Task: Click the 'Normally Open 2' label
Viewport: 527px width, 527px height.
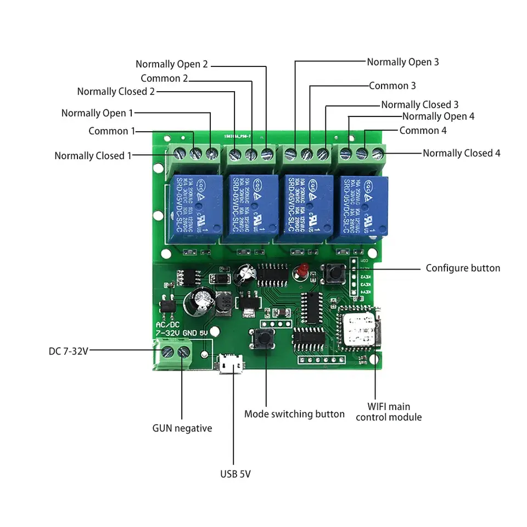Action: pyautogui.click(x=172, y=64)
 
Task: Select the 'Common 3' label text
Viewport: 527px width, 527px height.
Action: pyautogui.click(x=392, y=86)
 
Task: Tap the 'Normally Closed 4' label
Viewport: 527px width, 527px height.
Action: pyautogui.click(x=461, y=153)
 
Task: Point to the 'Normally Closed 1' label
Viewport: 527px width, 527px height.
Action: pyautogui.click(x=93, y=156)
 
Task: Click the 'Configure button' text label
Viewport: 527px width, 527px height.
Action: pyautogui.click(x=463, y=268)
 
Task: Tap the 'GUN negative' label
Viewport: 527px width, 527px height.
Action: pyautogui.click(x=182, y=428)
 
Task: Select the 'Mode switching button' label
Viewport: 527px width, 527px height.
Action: pyautogui.click(x=294, y=414)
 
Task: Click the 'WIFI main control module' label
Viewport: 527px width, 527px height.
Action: pyautogui.click(x=389, y=412)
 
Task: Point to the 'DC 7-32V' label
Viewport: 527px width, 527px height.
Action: pyautogui.click(x=68, y=351)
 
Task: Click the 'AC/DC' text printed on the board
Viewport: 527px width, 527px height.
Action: pyautogui.click(x=167, y=324)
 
